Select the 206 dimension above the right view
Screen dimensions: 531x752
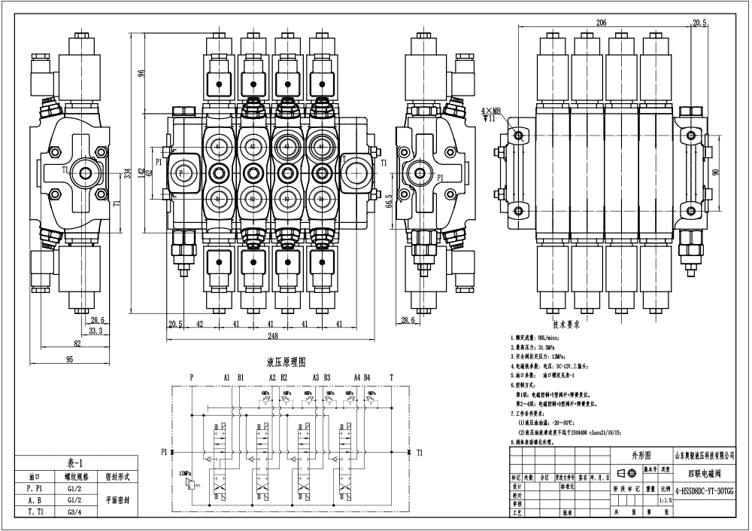601,23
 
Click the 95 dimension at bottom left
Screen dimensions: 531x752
69,359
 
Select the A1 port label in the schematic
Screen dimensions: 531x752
226,377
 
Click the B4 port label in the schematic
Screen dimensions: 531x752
367,377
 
